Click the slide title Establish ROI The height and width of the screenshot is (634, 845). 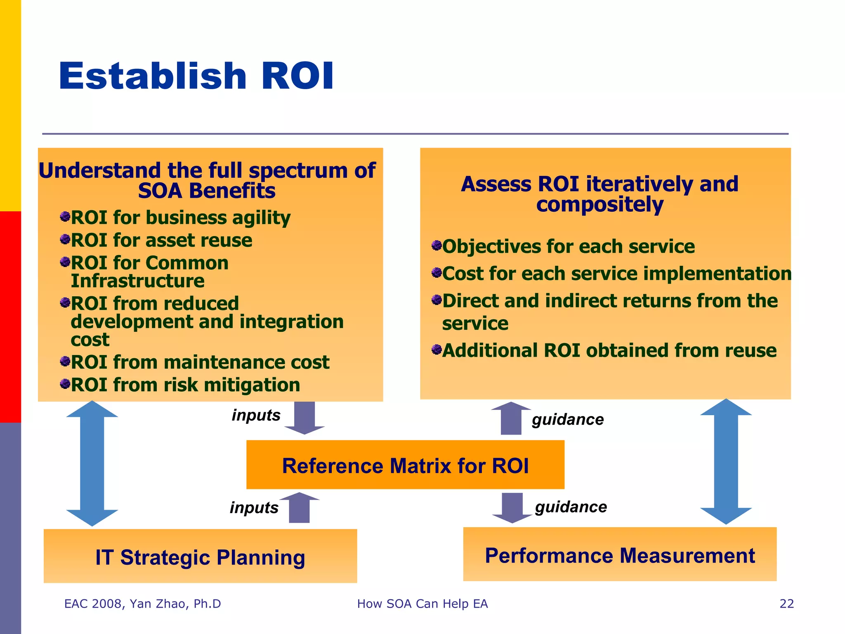pos(196,76)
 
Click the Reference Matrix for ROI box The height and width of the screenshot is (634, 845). pos(405,465)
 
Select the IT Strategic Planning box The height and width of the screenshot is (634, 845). pos(200,556)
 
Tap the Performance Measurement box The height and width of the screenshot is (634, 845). pos(619,555)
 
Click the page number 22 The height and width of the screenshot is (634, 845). pos(786,603)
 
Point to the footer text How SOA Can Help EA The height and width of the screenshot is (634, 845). pos(422,603)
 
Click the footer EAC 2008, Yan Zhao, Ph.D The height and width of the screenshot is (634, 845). pos(142,603)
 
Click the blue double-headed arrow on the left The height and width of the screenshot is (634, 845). pos(92,463)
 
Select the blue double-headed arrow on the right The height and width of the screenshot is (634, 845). pos(726,461)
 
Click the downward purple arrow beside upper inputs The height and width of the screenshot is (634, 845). pos(304,417)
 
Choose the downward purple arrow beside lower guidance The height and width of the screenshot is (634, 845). pos(512,507)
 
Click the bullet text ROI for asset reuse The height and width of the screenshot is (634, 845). pos(161,240)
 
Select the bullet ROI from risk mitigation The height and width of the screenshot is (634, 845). pos(185,385)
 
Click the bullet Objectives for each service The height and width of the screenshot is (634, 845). pos(568,246)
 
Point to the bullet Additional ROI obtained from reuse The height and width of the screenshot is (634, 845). pos(609,350)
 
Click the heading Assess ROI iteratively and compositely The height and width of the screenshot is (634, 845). pos(600,194)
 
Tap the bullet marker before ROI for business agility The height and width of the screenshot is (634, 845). pos(65,216)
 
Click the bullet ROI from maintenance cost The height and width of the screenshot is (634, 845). pos(200,362)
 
